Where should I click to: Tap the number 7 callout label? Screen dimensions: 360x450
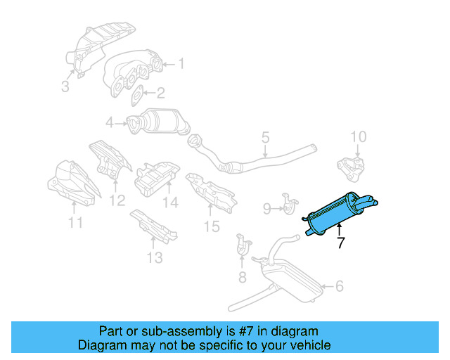tap(340, 243)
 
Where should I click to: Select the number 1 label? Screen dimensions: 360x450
tap(181, 64)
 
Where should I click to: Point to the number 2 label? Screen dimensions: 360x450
tap(160, 93)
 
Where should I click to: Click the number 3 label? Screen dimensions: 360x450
tap(65, 86)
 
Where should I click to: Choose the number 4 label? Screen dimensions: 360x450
tap(110, 124)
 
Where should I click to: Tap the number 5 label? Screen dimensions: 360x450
tap(266, 137)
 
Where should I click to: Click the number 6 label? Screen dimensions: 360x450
tap(340, 286)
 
